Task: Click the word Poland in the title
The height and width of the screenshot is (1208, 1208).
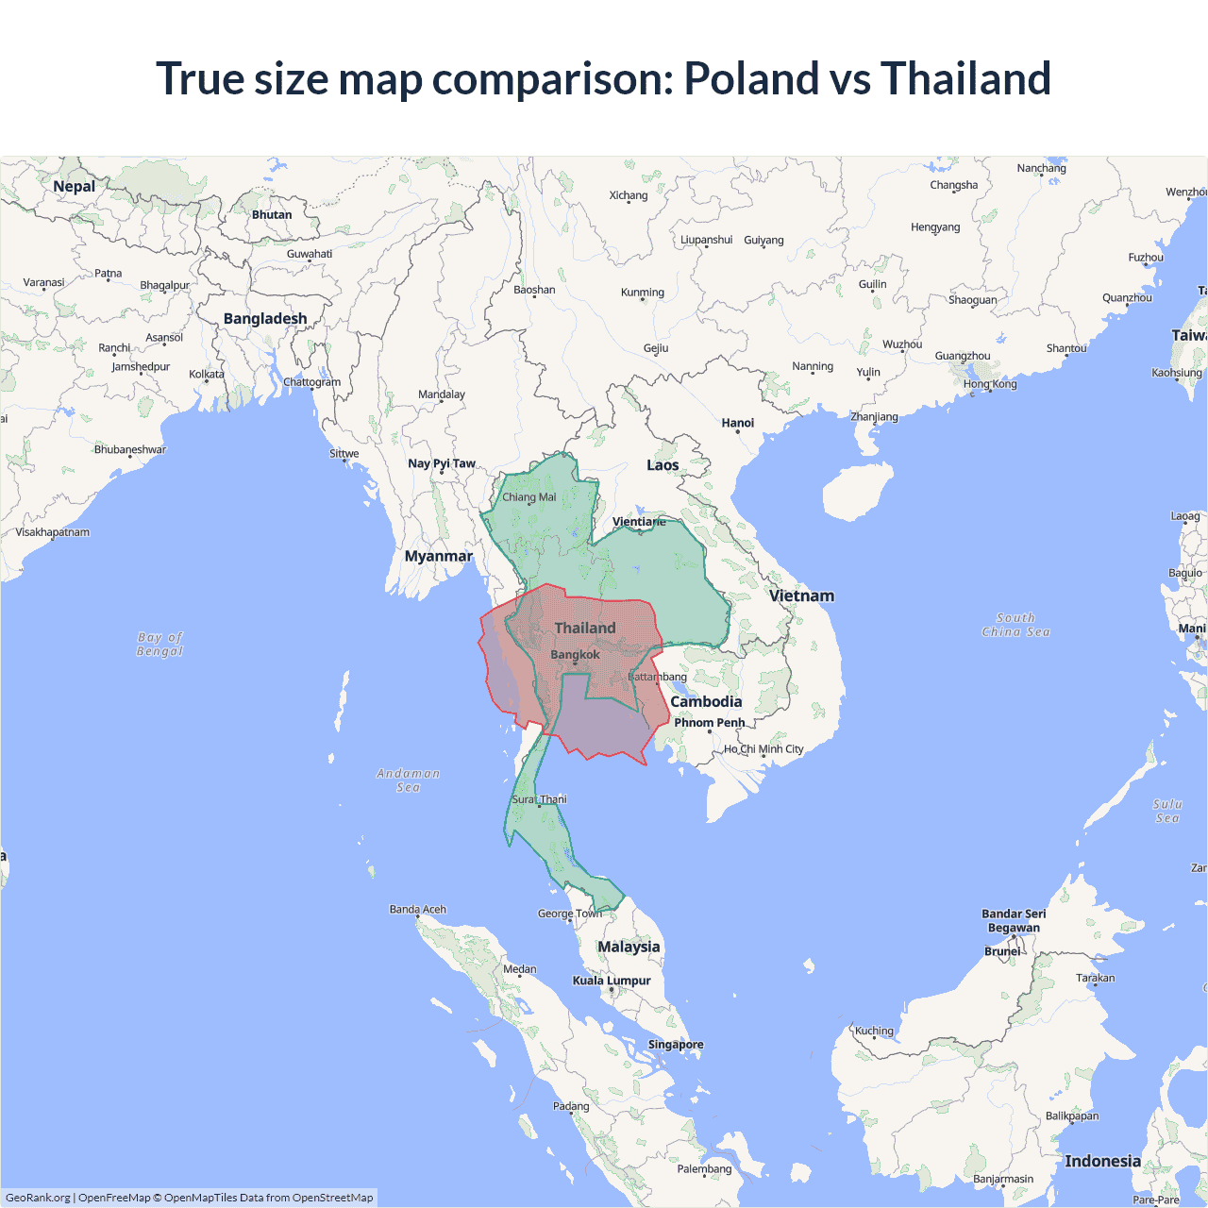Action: [x=751, y=78]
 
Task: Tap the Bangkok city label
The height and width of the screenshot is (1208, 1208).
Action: [x=575, y=655]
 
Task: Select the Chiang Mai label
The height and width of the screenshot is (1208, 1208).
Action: [x=528, y=497]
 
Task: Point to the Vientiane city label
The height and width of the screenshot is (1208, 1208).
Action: [x=639, y=522]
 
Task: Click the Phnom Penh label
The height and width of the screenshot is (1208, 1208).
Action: [x=709, y=723]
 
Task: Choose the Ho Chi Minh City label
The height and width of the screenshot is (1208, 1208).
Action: [x=763, y=749]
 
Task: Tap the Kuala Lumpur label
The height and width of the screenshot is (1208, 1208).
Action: [x=612, y=981]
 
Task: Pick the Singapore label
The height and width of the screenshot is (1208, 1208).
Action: [x=676, y=1045]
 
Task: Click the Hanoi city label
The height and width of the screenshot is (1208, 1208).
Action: [x=737, y=423]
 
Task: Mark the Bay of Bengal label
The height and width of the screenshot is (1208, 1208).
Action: [x=159, y=645]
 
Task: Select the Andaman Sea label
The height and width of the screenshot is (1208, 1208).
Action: [x=408, y=780]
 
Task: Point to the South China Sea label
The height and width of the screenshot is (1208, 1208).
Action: [x=1015, y=625]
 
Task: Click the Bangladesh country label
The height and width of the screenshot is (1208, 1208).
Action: [x=265, y=319]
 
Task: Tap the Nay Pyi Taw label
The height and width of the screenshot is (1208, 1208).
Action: [x=442, y=463]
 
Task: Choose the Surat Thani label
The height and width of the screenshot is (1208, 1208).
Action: [x=539, y=799]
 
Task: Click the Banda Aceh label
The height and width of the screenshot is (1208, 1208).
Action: [x=418, y=910]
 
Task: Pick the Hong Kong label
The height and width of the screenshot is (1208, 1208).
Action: [x=990, y=384]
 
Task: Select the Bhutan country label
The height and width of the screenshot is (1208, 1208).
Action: [x=272, y=215]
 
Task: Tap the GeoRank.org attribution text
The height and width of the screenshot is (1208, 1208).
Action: [x=38, y=1198]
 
